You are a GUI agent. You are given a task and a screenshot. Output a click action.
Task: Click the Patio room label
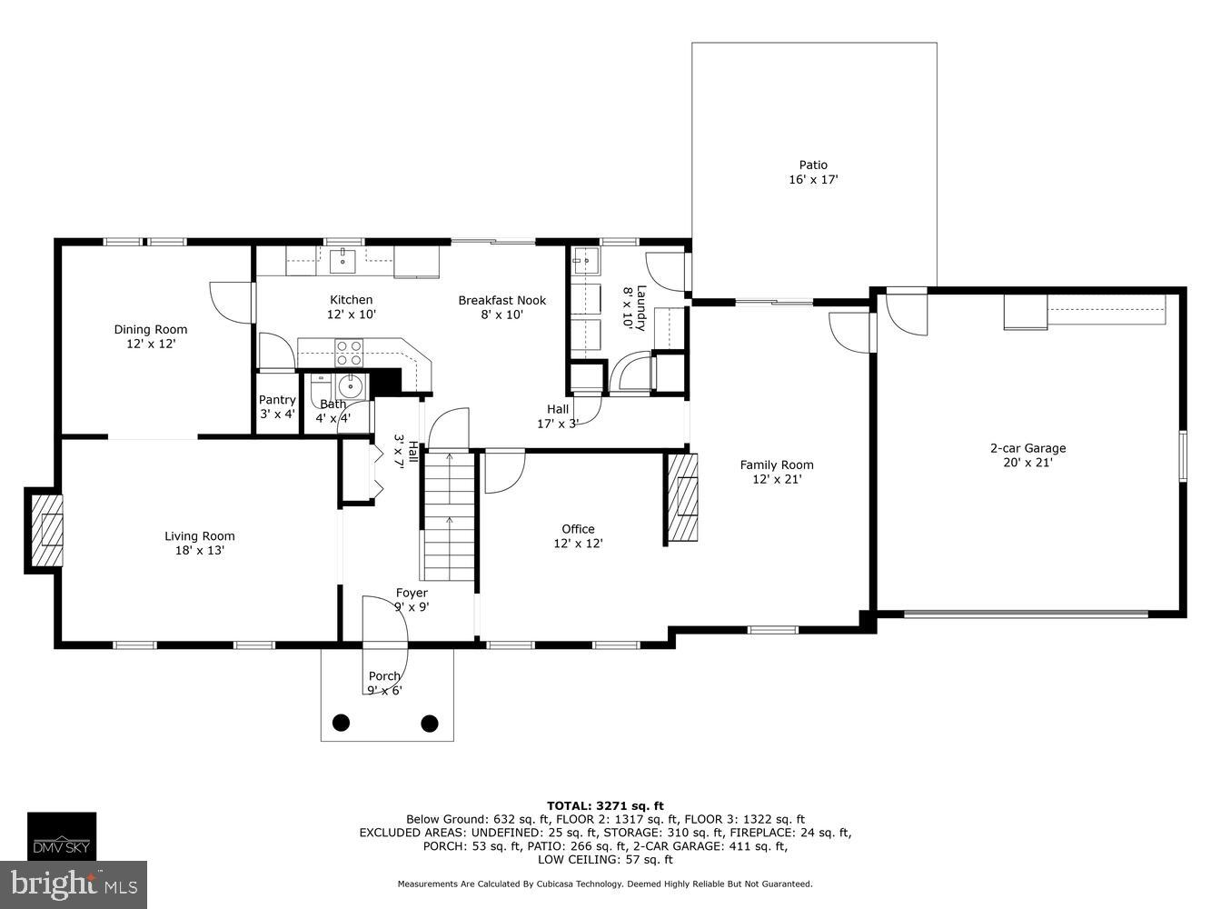point(813,165)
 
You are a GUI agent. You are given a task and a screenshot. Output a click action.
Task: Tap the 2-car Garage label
point(1027,447)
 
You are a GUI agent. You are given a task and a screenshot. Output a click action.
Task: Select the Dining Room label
point(151,329)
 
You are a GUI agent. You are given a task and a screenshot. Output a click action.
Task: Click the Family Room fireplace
point(683,497)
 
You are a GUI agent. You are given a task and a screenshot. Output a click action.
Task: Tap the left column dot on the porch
point(341,724)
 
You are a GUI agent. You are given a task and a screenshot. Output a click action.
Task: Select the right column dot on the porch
point(430,724)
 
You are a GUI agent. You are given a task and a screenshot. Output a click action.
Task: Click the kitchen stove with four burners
point(350,352)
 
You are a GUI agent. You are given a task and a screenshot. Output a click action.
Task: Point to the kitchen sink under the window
point(343,260)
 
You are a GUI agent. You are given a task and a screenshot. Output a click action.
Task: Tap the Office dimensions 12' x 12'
point(578,544)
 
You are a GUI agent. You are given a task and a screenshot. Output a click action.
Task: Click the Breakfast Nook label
point(501,300)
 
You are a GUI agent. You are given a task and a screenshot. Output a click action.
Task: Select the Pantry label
point(277,400)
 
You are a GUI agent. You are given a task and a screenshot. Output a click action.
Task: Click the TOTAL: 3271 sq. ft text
point(605,805)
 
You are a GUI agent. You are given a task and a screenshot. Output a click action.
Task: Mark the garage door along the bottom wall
point(1026,614)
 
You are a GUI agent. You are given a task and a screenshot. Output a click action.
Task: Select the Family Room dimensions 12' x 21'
point(776,479)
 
